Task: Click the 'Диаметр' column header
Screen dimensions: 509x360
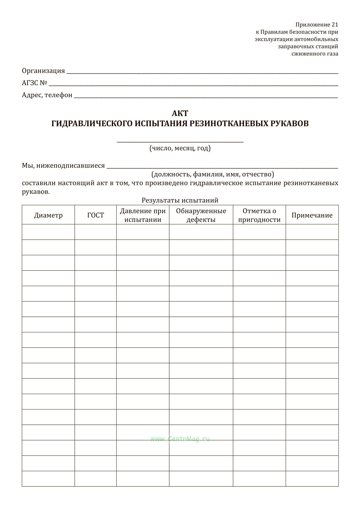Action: point(48,215)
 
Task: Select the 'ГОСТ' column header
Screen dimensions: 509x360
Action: point(95,215)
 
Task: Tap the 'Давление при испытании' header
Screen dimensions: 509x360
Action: point(143,215)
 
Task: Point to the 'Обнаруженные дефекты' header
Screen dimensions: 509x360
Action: point(201,215)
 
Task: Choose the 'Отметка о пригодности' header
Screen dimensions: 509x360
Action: point(259,215)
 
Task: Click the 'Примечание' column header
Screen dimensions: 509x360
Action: point(312,215)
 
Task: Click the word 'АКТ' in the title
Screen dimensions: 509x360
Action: point(180,113)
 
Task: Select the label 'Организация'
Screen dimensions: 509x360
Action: point(43,71)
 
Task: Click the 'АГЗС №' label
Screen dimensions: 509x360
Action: point(35,83)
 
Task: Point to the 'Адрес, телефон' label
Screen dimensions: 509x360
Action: point(47,95)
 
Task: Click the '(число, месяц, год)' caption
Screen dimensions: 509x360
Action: point(180,148)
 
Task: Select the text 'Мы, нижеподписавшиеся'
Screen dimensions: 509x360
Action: point(63,166)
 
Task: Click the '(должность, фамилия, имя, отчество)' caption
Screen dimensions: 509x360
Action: point(213,174)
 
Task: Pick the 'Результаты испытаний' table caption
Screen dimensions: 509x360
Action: point(180,200)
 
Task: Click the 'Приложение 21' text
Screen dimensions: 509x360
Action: point(317,25)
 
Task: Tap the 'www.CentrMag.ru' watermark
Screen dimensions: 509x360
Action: point(180,439)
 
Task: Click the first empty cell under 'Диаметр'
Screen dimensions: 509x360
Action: point(48,232)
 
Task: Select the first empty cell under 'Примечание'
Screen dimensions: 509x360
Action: point(312,232)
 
